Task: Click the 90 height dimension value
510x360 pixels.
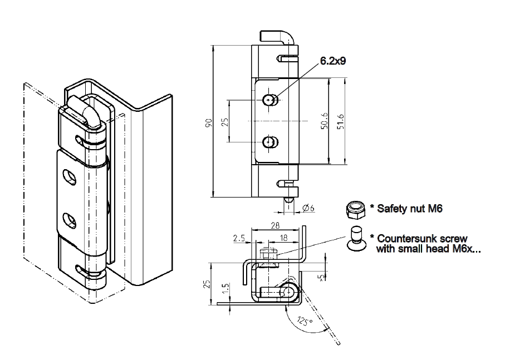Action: [209, 123]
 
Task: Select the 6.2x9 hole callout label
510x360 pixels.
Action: [333, 62]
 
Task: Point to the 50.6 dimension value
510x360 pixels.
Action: [324, 122]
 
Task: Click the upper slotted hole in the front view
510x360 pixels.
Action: [270, 100]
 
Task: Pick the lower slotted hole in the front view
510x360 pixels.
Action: [270, 142]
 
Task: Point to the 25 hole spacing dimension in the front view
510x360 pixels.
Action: [225, 121]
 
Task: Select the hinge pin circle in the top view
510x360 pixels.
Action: [288, 290]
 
